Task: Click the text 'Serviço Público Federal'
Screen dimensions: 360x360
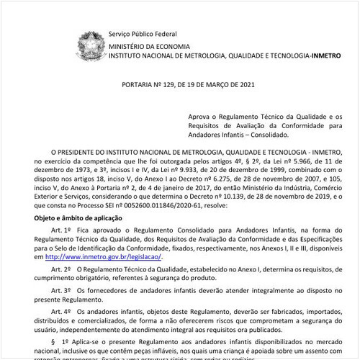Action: point(142,34)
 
